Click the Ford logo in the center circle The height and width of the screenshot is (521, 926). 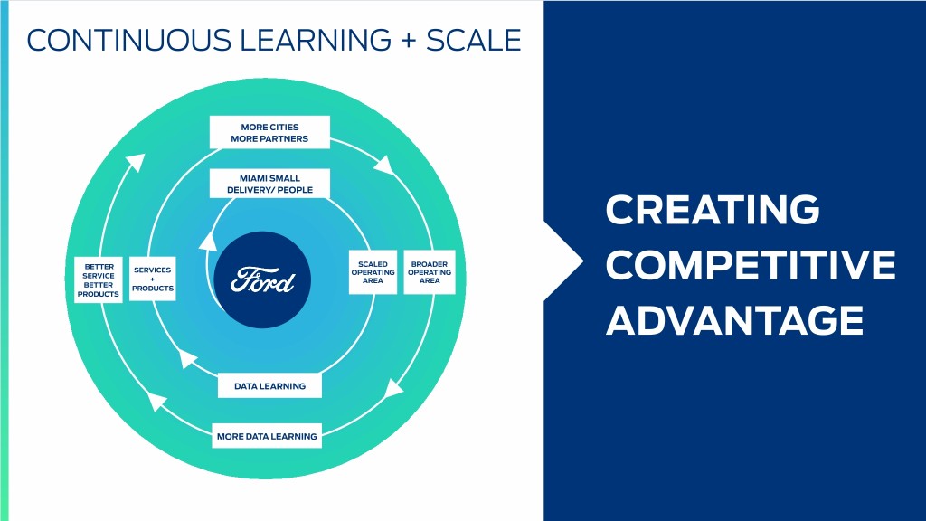click(262, 280)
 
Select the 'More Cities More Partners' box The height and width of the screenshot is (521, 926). click(269, 132)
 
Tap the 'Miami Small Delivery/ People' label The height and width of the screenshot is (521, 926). click(269, 184)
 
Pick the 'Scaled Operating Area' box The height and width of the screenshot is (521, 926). click(373, 272)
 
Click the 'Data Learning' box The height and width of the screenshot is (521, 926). click(269, 386)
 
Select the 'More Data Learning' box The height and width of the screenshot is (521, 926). click(267, 437)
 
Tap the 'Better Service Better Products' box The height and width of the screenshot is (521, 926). click(99, 280)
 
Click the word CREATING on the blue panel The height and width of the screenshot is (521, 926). click(713, 211)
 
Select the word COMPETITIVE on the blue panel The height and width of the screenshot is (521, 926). click(751, 266)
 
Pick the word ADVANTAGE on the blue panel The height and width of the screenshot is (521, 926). click(734, 320)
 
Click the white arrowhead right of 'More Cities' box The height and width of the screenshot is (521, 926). click(384, 165)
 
